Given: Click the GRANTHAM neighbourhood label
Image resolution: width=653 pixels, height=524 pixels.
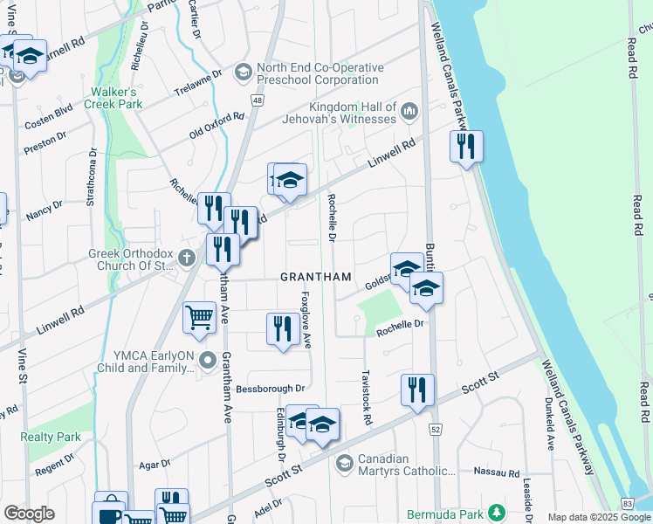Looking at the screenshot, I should click(x=316, y=277).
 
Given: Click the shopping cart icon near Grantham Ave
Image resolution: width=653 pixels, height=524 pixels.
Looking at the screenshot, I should click(x=199, y=318).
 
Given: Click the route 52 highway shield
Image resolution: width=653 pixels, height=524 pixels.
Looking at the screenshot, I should click(x=436, y=429).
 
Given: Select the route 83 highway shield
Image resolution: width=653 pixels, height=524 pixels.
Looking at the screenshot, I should click(x=628, y=504).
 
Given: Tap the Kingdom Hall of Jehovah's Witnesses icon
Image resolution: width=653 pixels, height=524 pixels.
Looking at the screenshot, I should click(x=410, y=113).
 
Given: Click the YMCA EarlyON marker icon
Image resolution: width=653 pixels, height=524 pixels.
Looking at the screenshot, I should click(x=207, y=360).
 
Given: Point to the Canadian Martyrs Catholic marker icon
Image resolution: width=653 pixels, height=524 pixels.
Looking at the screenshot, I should click(x=344, y=462).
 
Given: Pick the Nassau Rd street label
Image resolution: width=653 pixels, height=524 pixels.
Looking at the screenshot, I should click(x=496, y=472).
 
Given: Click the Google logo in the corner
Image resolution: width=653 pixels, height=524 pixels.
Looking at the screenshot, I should click(x=29, y=514).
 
